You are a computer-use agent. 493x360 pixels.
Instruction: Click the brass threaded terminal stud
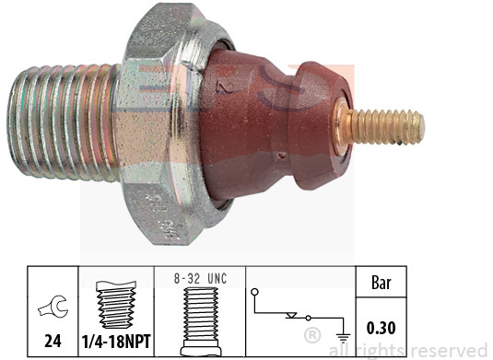[x=385, y=127]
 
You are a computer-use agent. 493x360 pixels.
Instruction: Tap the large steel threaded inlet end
[x=63, y=122]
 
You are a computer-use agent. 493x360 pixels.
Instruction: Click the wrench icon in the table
[x=53, y=308]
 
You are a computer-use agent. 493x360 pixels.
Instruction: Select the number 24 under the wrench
[x=53, y=341]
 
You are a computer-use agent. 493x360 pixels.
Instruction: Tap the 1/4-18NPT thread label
[x=116, y=342]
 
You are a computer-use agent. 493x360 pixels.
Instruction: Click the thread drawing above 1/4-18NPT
[x=116, y=305]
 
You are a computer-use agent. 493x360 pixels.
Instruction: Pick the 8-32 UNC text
[x=200, y=279]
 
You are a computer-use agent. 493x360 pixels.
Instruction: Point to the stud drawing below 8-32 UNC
[x=200, y=320]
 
